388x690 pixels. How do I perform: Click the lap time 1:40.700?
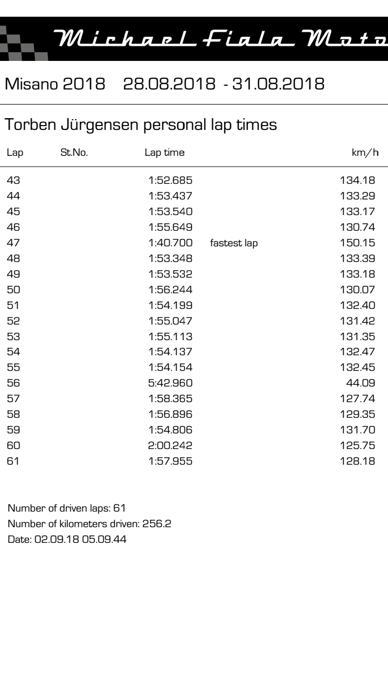tap(170, 243)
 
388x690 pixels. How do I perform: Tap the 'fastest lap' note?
tap(234, 243)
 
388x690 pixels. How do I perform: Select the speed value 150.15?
tap(357, 243)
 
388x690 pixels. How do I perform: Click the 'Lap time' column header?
tap(164, 153)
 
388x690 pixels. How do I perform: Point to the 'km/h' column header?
tap(365, 153)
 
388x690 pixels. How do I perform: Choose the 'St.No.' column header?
tap(74, 153)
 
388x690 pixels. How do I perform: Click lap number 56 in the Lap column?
tap(13, 383)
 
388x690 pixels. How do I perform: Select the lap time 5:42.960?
tap(170, 383)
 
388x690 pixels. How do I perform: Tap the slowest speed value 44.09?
tap(361, 383)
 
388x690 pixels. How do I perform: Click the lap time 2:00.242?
tap(170, 446)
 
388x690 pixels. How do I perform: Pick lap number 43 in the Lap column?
tap(13, 180)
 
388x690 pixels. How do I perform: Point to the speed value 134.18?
tap(357, 180)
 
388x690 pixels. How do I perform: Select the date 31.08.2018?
tap(278, 84)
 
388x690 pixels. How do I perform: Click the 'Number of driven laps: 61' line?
tap(67, 508)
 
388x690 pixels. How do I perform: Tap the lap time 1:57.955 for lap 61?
tap(170, 461)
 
